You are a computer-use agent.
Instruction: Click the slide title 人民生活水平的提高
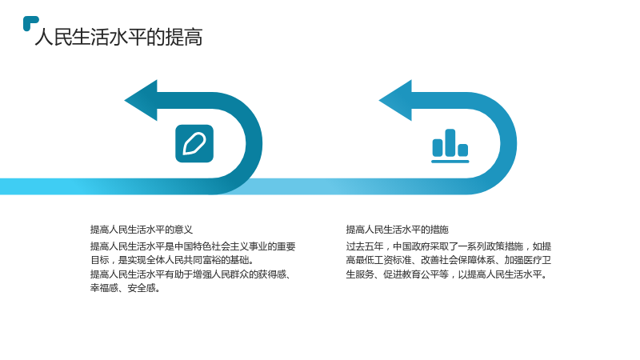pos(118,37)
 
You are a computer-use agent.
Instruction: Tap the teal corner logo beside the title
pos(30,22)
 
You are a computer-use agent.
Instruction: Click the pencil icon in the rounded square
pos(194,144)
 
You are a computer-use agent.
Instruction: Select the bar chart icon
pos(450,146)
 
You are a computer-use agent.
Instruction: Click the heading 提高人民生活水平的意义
pos(142,230)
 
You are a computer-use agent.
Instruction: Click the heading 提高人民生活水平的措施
pos(397,230)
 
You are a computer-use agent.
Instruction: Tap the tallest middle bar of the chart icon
pos(450,142)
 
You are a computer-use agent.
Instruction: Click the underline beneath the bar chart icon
pos(450,162)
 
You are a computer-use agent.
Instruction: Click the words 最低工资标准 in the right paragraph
pos(383,260)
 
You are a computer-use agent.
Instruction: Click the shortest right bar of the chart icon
pos(463,150)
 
